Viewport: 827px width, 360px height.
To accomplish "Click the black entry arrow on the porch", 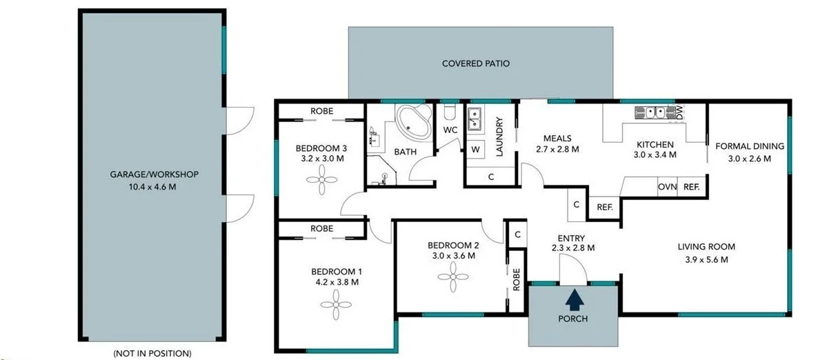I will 572,299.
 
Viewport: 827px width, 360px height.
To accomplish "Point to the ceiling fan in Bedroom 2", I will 452,279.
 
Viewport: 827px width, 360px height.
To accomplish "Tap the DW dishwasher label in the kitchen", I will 679,112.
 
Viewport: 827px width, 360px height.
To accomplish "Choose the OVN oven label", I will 667,186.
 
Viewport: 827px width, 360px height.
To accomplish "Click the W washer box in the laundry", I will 475,150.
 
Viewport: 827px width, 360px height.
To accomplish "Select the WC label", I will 450,130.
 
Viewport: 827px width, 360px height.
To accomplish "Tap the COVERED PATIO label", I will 476,64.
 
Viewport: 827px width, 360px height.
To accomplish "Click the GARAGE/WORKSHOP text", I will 149,174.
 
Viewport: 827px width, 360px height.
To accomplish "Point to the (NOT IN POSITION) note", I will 152,353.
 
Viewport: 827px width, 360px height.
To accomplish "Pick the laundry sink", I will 475,119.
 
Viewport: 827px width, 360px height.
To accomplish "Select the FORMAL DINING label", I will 749,146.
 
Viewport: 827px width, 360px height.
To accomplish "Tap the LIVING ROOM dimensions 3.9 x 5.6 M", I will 706,260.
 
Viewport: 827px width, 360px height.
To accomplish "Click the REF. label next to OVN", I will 691,186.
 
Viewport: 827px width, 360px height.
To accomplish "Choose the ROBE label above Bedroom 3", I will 321,111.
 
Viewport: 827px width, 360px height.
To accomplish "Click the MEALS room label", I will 557,138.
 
